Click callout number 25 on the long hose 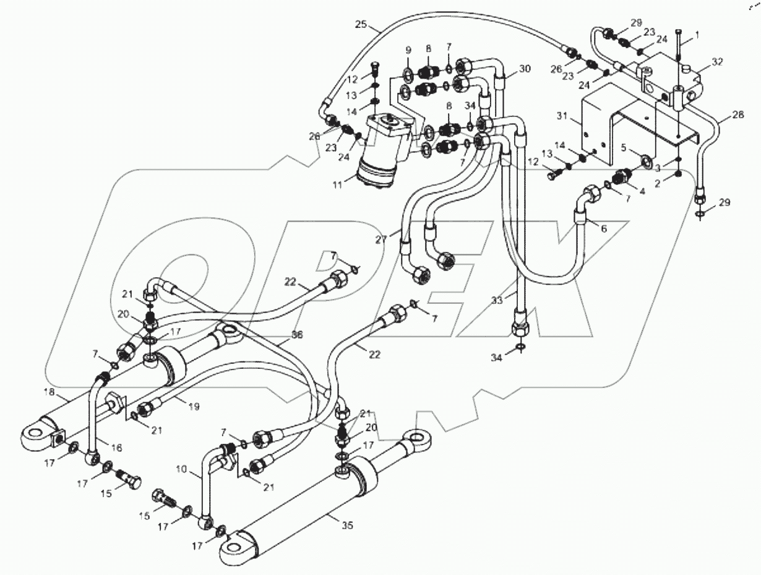pyautogui.click(x=361, y=25)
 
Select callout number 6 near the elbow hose pyautogui.click(x=603, y=228)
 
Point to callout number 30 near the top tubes pyautogui.click(x=525, y=68)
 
